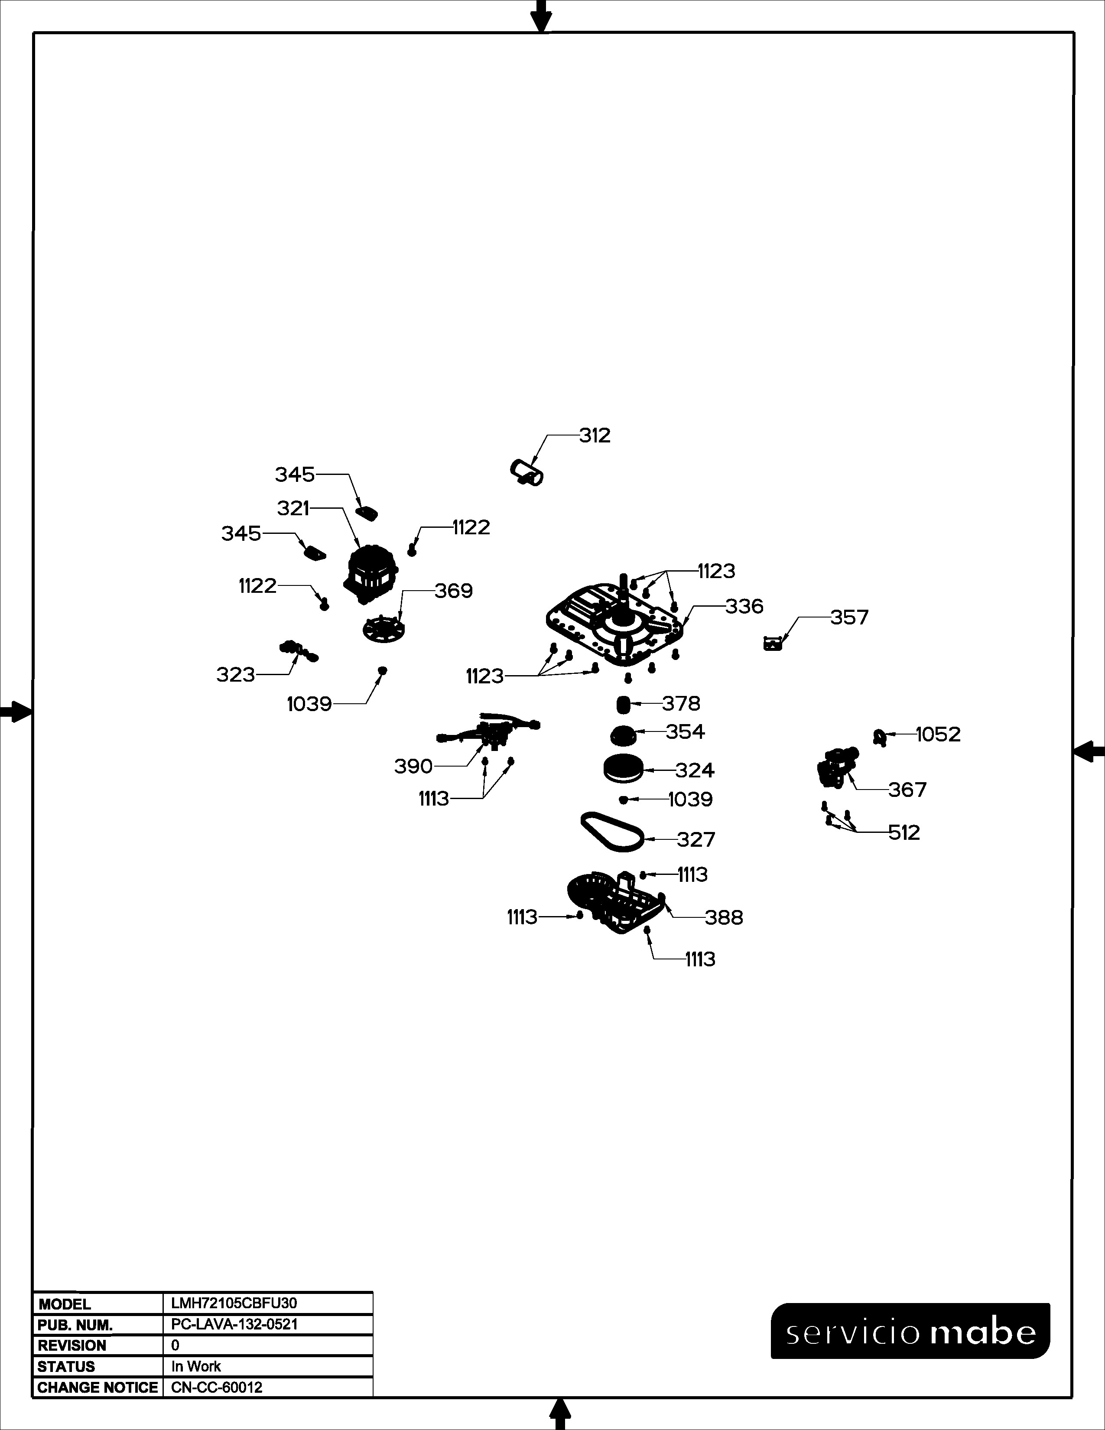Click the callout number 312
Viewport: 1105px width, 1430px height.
(x=595, y=435)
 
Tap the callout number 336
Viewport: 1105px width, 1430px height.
(x=744, y=606)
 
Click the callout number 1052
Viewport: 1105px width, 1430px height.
(x=938, y=734)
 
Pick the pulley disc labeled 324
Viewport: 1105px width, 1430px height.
(x=623, y=769)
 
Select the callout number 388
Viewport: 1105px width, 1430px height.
(x=724, y=918)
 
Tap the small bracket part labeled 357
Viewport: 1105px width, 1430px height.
(x=773, y=643)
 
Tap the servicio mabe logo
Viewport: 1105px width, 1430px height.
(x=910, y=1330)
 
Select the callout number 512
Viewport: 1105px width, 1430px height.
(x=904, y=833)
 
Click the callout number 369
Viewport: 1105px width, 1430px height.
(x=454, y=591)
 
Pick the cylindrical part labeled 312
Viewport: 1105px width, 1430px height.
(x=527, y=472)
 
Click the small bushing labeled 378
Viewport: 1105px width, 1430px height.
(x=623, y=705)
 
